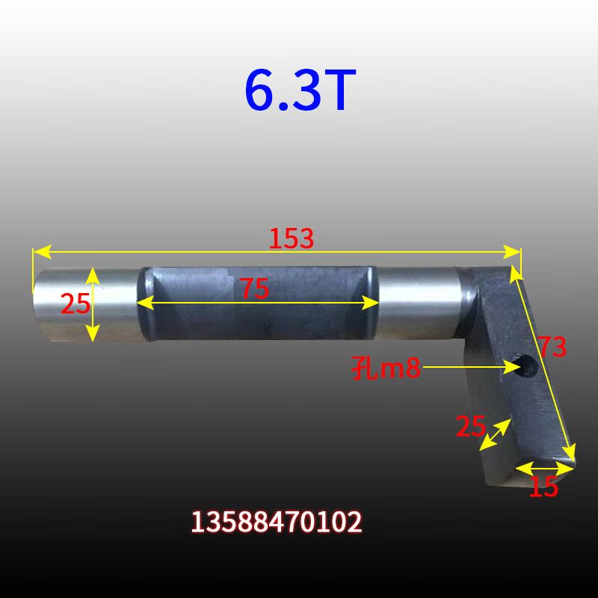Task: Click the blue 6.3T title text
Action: point(300,90)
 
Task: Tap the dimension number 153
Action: point(291,238)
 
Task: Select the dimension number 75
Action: point(254,288)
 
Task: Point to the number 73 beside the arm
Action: point(552,346)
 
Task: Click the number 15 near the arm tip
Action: point(544,487)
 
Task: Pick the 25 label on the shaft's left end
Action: point(75,303)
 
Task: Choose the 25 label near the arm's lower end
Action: point(471,426)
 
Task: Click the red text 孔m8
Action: point(386,368)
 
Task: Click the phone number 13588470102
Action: point(277,522)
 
